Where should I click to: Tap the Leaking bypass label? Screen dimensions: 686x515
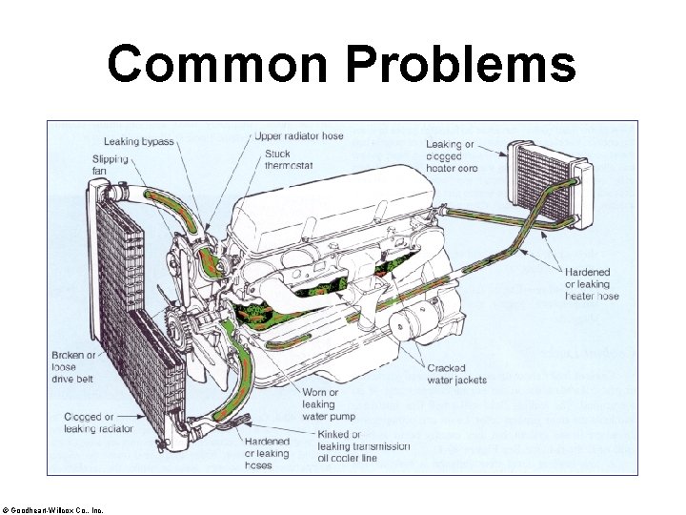138,142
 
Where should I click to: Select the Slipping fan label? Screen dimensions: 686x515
110,165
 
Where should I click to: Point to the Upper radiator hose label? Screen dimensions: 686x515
298,136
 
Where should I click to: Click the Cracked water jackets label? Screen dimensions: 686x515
456,374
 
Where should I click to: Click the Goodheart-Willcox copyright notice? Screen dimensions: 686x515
58,510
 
